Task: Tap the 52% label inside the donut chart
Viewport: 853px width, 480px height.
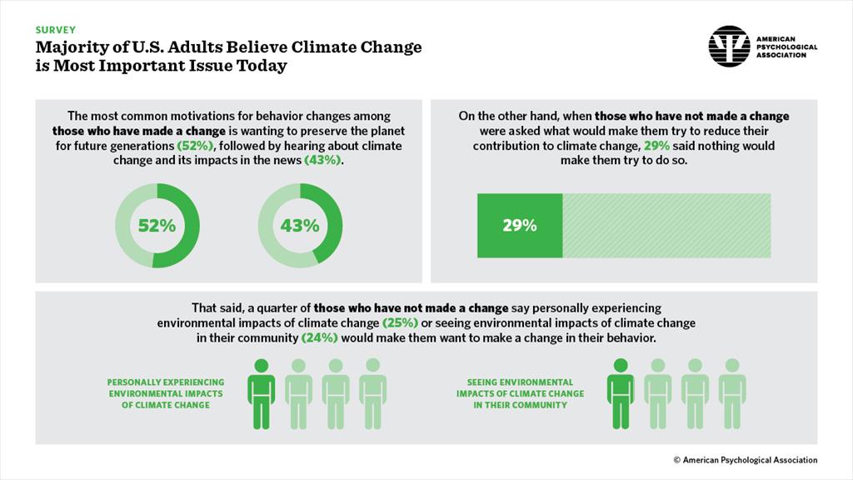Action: pyautogui.click(x=157, y=225)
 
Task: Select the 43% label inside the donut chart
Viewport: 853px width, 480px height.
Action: pyautogui.click(x=300, y=225)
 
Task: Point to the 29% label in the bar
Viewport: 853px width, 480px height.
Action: pyautogui.click(x=520, y=225)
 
